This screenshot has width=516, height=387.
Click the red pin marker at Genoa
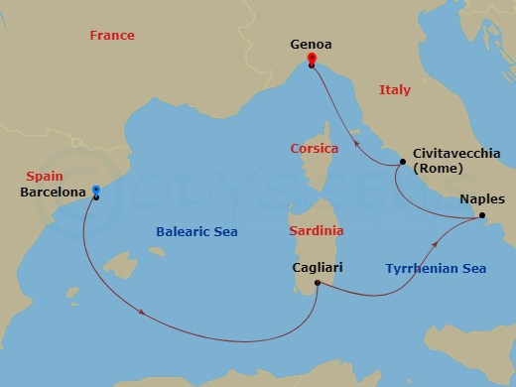point(312,59)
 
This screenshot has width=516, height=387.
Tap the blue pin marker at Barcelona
point(95,190)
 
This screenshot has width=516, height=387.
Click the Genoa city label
point(312,45)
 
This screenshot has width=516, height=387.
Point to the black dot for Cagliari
point(318,284)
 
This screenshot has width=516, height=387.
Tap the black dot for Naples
point(481,215)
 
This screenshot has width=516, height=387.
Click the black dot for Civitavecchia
point(402,162)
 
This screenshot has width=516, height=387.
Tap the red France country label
point(111,36)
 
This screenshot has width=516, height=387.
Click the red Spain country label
point(35,175)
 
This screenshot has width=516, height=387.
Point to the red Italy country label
point(394,90)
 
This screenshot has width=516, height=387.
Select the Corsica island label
point(315,148)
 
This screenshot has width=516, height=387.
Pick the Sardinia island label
point(316,230)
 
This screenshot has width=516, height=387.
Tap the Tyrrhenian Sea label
point(436,268)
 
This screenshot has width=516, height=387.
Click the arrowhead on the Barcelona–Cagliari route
point(147,315)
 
